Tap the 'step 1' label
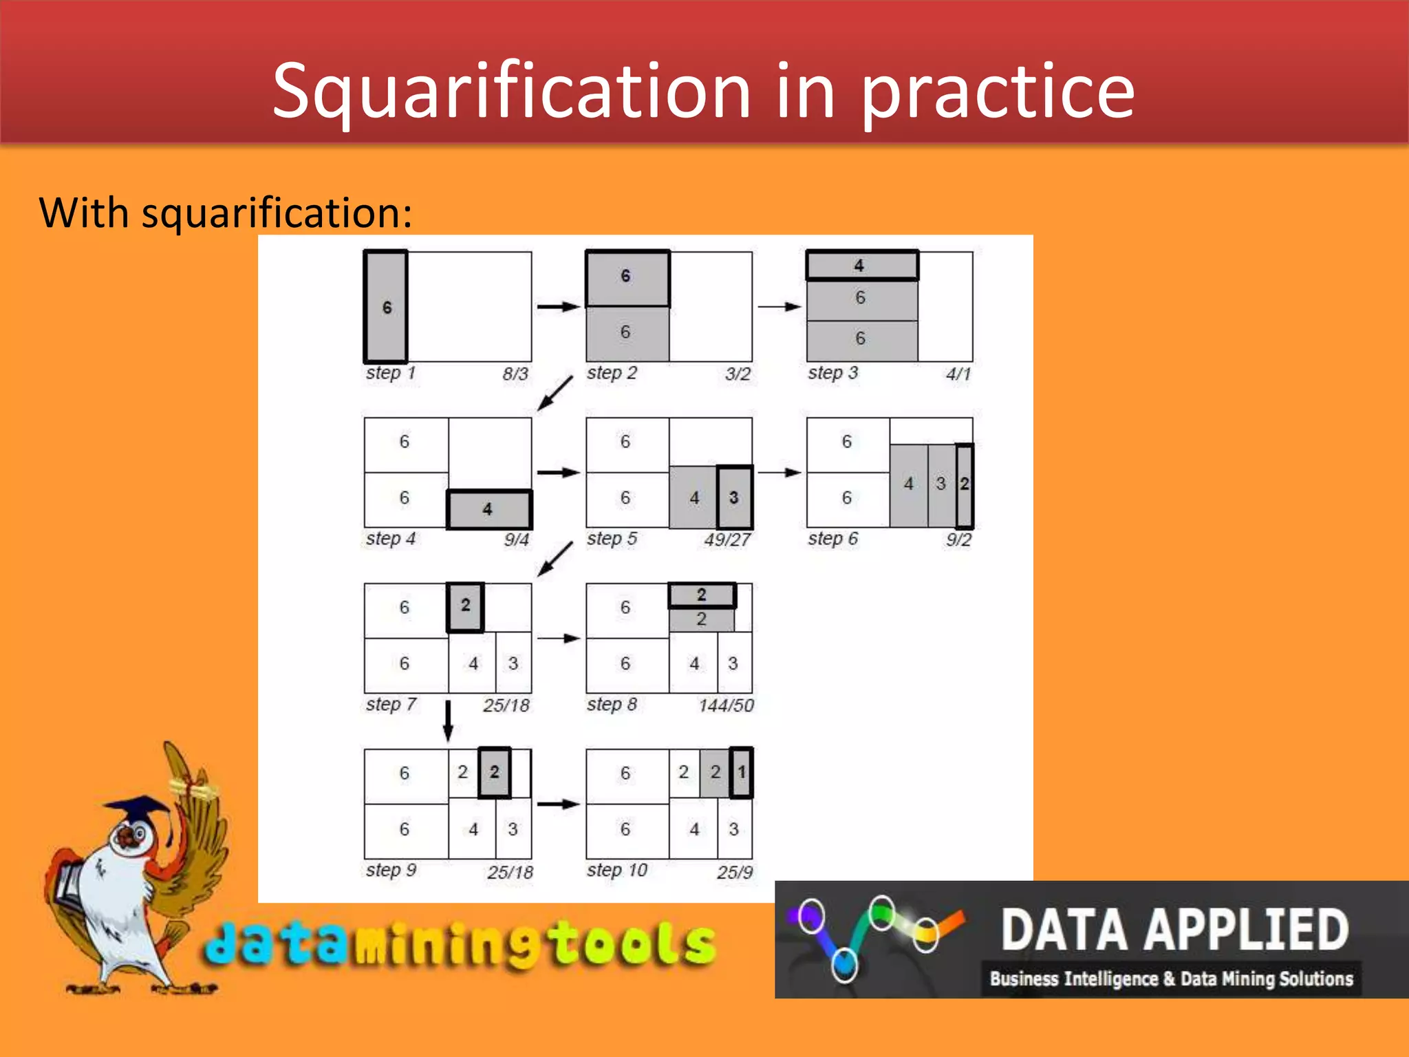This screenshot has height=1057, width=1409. click(x=391, y=373)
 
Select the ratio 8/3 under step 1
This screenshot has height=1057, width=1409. click(x=515, y=374)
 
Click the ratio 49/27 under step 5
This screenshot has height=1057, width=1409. click(x=727, y=540)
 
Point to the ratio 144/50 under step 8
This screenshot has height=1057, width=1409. click(x=726, y=705)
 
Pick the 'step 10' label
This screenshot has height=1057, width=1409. click(x=616, y=871)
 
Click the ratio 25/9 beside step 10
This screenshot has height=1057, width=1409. click(x=734, y=873)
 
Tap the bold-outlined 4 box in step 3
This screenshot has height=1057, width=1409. click(x=861, y=266)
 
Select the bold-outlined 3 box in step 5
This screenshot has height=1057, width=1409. click(x=734, y=498)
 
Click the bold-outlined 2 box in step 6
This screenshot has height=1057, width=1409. click(x=965, y=485)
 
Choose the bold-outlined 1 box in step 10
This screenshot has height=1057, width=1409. click(x=742, y=772)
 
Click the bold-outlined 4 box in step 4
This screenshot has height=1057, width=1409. click(x=488, y=509)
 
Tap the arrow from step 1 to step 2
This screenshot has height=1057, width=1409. click(x=558, y=306)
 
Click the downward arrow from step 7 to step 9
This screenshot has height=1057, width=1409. click(x=448, y=720)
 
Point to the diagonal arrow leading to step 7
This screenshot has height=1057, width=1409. click(x=555, y=559)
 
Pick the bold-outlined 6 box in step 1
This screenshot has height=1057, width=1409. click(x=386, y=307)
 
